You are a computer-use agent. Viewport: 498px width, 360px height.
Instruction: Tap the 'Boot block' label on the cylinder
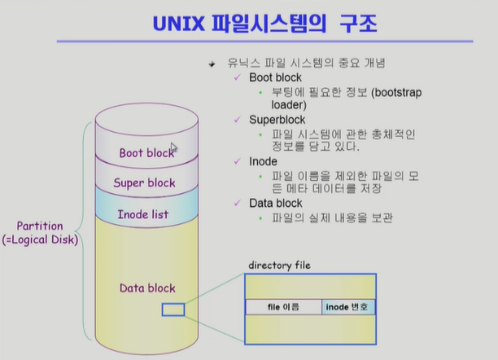146,152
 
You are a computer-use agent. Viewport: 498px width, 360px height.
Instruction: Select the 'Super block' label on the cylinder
144,182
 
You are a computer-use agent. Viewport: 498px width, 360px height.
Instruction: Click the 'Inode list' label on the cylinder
142,213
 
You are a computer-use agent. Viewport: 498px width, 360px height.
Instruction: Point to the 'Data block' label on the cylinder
147,288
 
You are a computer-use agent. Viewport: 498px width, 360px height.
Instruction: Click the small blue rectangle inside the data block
173,310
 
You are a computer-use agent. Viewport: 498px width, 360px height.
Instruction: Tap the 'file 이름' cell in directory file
283,307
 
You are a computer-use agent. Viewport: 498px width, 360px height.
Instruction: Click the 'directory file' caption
279,266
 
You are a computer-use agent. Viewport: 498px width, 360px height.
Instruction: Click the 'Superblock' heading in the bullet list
277,119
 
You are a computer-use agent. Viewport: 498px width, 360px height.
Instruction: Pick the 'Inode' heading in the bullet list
263,161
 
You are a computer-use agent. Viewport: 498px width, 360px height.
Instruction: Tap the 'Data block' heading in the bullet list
275,203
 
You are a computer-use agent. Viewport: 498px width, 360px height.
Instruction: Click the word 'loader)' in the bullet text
288,104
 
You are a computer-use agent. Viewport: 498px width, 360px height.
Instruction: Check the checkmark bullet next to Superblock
237,119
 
